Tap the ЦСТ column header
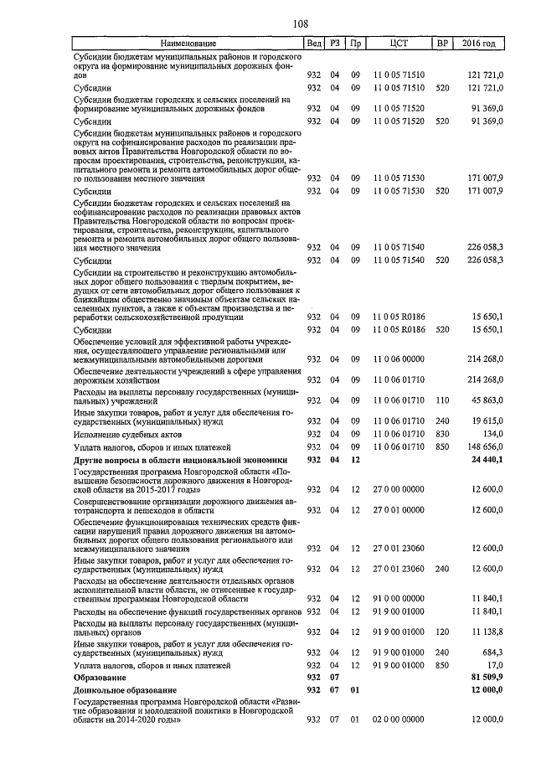(399, 43)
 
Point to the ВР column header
(443, 43)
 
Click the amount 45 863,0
(487, 400)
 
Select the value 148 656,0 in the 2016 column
(485, 447)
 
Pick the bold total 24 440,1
(487, 460)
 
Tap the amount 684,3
(491, 651)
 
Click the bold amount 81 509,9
(487, 676)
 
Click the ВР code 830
(443, 434)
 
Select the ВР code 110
(443, 400)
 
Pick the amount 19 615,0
(487, 420)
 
